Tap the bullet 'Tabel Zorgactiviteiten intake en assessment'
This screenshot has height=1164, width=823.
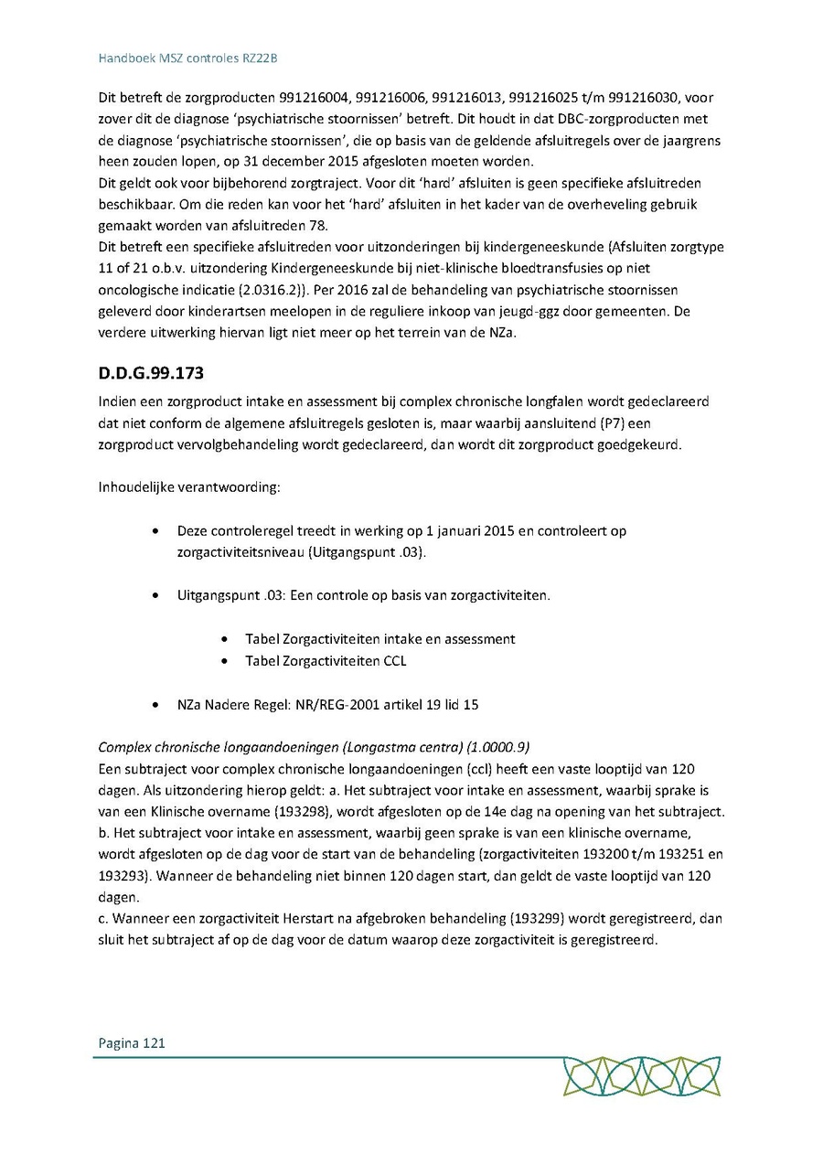380,639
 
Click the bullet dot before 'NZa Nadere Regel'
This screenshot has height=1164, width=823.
160,705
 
